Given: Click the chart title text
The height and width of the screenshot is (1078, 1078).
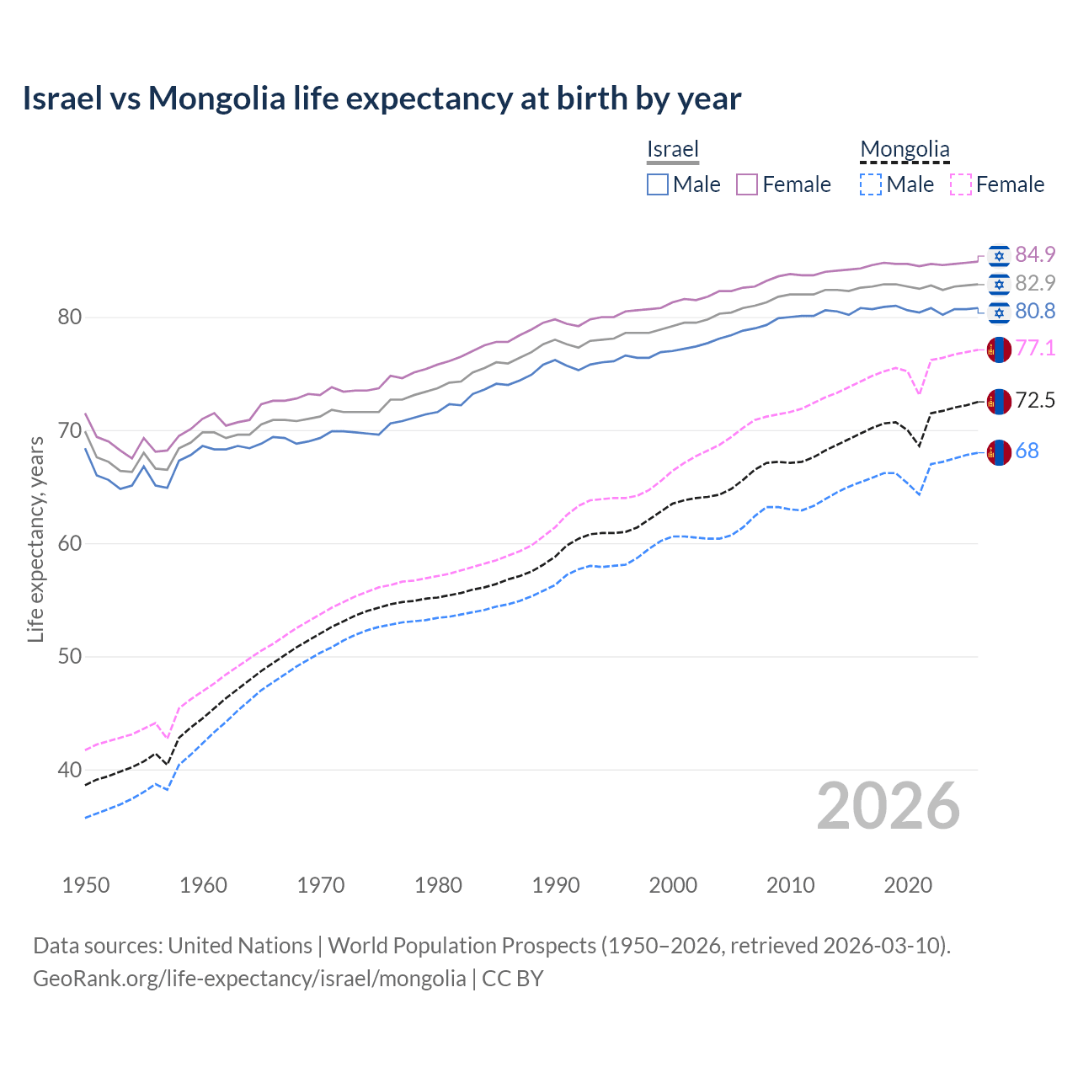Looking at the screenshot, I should tap(382, 99).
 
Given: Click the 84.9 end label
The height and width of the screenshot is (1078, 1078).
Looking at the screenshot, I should tap(1035, 254).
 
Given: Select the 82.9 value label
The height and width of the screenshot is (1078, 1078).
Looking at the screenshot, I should tap(1035, 283).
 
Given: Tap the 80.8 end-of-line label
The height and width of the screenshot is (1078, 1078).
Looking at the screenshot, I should tap(1035, 312).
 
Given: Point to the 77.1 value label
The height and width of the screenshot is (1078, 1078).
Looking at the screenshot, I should tap(1035, 349).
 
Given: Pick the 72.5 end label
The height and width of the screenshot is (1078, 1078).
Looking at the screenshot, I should tap(1035, 401).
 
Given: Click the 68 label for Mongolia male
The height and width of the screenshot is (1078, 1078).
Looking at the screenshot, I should tap(1027, 451).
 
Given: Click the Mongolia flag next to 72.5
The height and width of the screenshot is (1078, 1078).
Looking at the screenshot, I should tap(999, 401).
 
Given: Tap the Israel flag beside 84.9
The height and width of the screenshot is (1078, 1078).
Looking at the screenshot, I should tap(999, 255).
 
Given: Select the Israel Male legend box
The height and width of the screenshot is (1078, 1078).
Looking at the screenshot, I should tap(658, 184).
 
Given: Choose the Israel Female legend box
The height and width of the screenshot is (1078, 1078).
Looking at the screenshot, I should tap(747, 184).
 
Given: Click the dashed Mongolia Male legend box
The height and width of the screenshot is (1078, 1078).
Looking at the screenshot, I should tap(871, 184).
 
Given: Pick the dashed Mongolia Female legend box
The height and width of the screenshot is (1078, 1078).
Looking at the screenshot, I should tap(960, 184).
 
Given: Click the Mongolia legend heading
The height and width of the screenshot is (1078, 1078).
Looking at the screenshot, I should tap(905, 150).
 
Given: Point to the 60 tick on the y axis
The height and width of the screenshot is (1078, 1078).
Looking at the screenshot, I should tap(69, 543).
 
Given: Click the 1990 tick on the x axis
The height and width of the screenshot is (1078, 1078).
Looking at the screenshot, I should tap(556, 885).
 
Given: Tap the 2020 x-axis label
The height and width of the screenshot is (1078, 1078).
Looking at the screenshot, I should tap(908, 885).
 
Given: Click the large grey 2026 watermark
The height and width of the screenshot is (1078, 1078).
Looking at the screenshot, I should tap(888, 806).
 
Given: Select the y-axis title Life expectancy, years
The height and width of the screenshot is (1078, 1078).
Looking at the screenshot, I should tap(35, 539).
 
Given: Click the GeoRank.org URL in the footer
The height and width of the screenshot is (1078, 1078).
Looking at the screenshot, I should tap(249, 979).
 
